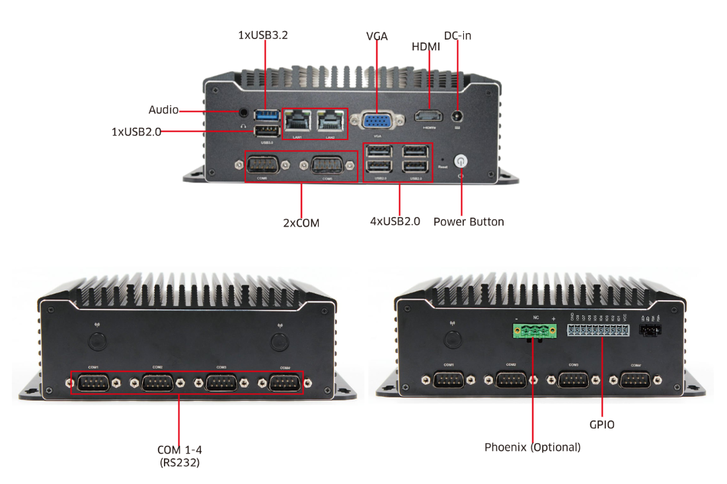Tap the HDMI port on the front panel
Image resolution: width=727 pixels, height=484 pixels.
(x=428, y=117)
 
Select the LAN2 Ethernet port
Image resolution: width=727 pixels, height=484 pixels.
(x=330, y=120)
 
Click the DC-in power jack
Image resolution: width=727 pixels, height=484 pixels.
(x=457, y=117)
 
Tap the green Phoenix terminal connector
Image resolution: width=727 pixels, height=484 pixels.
(x=533, y=330)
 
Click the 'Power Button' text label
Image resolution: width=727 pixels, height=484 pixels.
(x=469, y=222)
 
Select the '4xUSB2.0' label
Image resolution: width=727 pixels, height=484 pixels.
(x=395, y=222)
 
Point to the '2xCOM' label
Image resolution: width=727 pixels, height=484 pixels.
(x=301, y=223)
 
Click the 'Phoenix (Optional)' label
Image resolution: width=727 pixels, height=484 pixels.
(x=533, y=447)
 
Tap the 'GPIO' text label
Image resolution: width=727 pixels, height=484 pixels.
(x=601, y=424)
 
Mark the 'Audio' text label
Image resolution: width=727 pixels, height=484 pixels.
(x=163, y=110)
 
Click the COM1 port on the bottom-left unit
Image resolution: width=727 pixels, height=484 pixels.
(x=93, y=382)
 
